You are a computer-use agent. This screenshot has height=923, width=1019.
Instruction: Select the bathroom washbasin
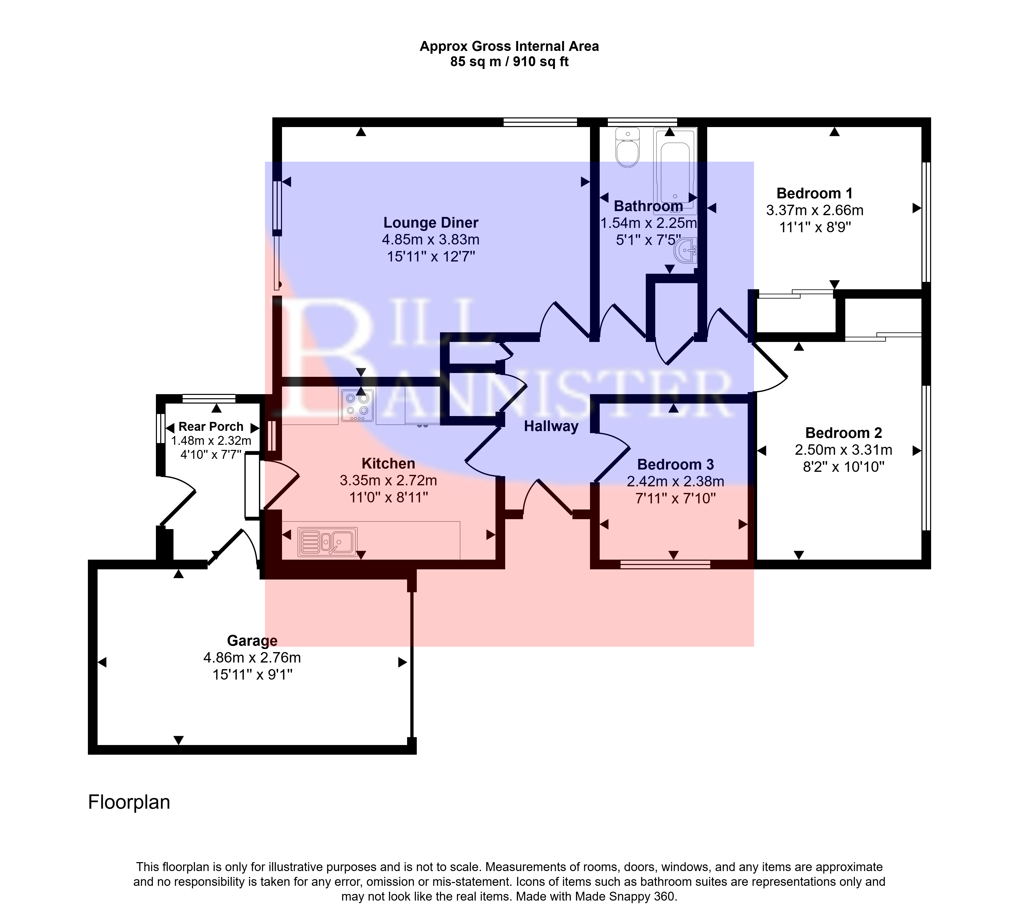(x=686, y=250)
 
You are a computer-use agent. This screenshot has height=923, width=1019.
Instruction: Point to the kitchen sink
(x=328, y=542)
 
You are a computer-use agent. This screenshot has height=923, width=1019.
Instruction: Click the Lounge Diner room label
(x=431, y=223)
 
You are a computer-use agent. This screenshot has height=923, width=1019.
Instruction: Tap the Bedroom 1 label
(x=814, y=194)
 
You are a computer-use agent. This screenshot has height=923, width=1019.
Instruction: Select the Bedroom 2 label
(x=844, y=433)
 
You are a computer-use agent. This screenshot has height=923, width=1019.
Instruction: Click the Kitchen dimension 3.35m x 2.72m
(x=388, y=480)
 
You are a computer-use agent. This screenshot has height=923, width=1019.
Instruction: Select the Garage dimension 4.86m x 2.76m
(x=252, y=658)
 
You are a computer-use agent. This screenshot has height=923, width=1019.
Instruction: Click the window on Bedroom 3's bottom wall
(x=665, y=564)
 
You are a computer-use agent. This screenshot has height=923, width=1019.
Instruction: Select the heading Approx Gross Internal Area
(x=509, y=47)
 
